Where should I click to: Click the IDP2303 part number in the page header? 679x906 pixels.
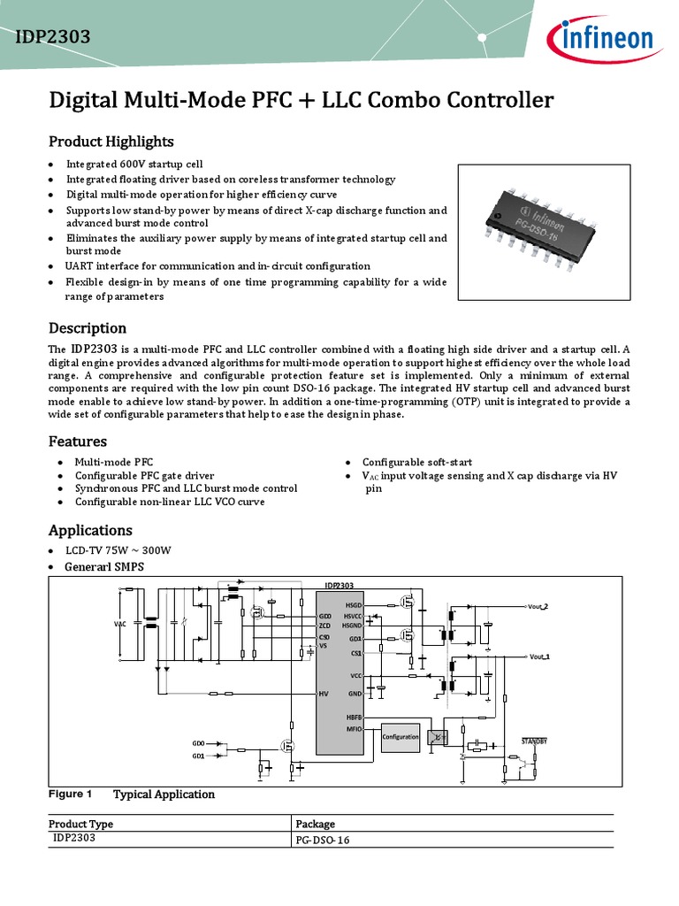coord(53,36)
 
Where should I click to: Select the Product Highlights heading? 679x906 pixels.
coord(111,142)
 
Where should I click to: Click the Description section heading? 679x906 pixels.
coord(87,328)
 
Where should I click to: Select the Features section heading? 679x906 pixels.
coord(77,441)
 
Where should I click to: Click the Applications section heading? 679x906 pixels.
coord(90,530)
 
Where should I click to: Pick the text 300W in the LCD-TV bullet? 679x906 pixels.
coord(156,550)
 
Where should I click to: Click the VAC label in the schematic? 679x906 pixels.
coord(120,624)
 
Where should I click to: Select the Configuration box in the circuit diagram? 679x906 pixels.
coord(401,736)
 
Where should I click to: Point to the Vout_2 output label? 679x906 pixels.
coord(538,606)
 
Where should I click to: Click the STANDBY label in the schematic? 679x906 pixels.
coord(534,740)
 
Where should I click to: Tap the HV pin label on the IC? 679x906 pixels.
coord(324,695)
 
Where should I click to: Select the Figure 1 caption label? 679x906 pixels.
coord(70,794)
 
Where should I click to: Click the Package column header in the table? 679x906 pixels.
coord(315,824)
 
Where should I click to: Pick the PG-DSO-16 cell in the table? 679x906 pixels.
coord(323,841)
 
